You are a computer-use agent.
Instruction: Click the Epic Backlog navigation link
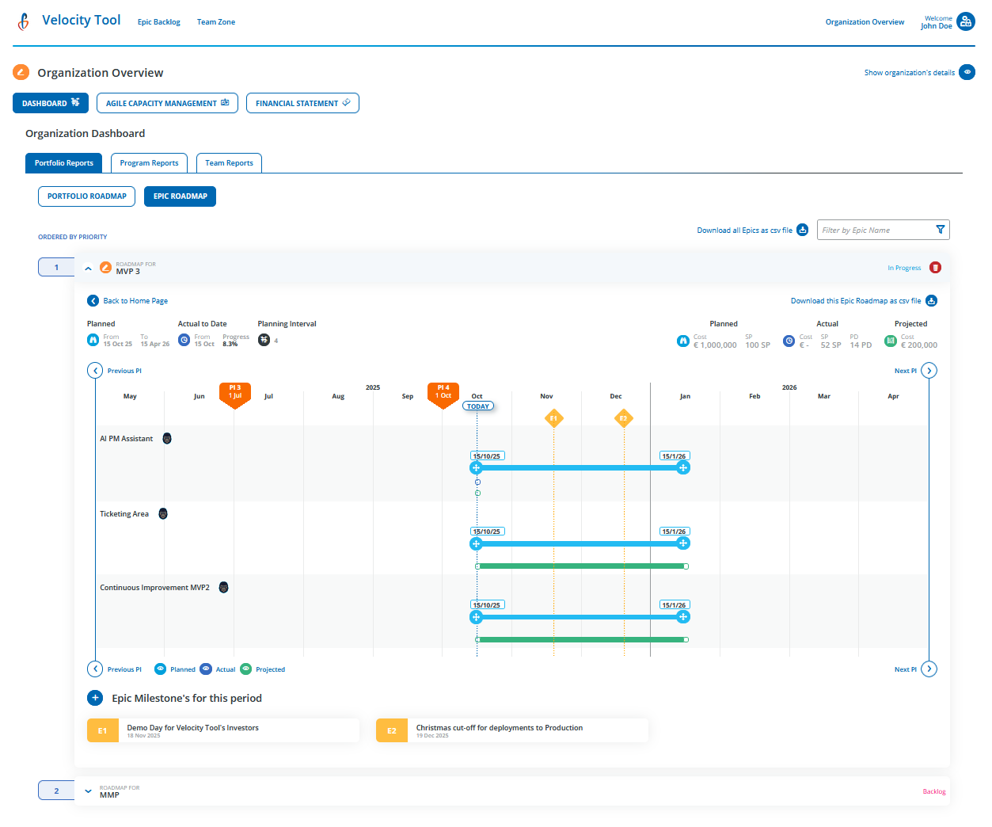point(158,22)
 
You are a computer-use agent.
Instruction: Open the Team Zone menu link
point(215,22)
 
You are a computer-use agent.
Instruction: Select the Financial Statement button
point(302,103)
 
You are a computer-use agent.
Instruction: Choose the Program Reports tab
point(149,163)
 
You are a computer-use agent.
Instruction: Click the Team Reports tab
point(229,163)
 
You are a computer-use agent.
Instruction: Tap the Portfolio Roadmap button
point(86,196)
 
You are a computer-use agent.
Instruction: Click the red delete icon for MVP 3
point(935,268)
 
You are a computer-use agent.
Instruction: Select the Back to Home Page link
point(135,301)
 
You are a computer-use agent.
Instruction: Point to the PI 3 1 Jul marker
point(234,394)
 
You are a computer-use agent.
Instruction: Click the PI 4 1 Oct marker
point(443,394)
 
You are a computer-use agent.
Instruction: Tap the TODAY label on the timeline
point(477,406)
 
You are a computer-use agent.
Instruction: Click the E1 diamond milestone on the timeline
point(554,418)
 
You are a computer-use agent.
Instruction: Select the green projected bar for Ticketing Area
point(582,566)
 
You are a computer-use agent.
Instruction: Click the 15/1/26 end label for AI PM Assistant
point(674,456)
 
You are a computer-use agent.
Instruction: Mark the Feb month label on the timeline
point(754,396)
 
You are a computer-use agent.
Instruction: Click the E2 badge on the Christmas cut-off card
point(392,730)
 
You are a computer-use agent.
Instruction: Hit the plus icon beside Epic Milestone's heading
point(95,698)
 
